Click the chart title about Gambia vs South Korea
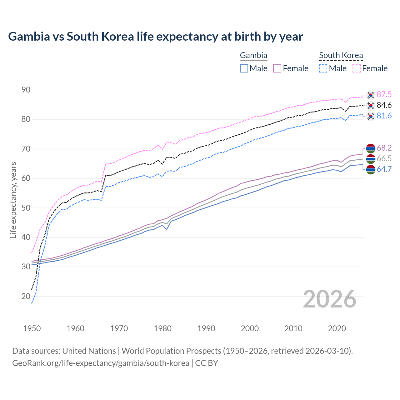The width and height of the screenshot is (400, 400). point(155,37)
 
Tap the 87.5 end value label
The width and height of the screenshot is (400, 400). point(384,94)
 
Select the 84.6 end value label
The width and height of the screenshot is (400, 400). point(384,105)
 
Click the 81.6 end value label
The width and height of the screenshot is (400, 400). point(384,116)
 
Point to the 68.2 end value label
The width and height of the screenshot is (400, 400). point(384,148)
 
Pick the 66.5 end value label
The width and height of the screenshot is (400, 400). point(384,158)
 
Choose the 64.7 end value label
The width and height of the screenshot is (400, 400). point(384,169)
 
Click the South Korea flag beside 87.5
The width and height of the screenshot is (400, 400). point(371,94)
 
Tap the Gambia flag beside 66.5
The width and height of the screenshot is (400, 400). point(371,159)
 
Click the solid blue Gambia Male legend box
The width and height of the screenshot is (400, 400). point(244,68)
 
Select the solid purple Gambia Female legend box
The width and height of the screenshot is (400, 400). point(277,68)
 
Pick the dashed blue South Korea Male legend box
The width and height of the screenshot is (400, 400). point(323,68)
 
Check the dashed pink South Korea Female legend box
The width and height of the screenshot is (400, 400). point(357,68)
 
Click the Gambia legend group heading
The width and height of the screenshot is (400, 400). point(253,56)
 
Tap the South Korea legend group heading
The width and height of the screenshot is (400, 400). point(341,56)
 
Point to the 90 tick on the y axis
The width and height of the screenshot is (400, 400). point(26,90)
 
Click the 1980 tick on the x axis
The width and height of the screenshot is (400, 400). point(162,328)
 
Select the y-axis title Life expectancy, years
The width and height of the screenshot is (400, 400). point(13,200)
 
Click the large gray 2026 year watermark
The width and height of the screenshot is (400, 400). point(329,299)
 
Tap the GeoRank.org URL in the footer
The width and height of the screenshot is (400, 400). point(101,363)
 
